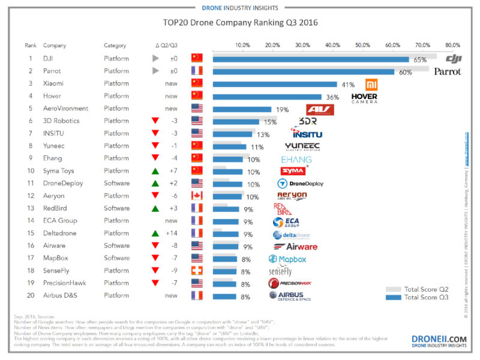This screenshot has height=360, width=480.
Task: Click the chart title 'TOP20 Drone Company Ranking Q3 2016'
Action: tap(240, 23)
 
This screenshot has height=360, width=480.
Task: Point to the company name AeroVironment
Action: tap(66, 109)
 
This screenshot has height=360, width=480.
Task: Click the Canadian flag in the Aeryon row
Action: tap(197, 196)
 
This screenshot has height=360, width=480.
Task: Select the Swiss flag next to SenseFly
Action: tap(197, 271)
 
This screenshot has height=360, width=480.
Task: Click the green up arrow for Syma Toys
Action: tap(155, 171)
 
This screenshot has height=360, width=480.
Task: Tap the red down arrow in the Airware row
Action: tap(155, 246)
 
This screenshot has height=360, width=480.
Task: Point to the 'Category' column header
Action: tap(115, 46)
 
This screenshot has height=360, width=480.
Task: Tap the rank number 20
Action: tap(31, 296)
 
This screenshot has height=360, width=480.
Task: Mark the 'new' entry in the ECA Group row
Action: tap(171, 221)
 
